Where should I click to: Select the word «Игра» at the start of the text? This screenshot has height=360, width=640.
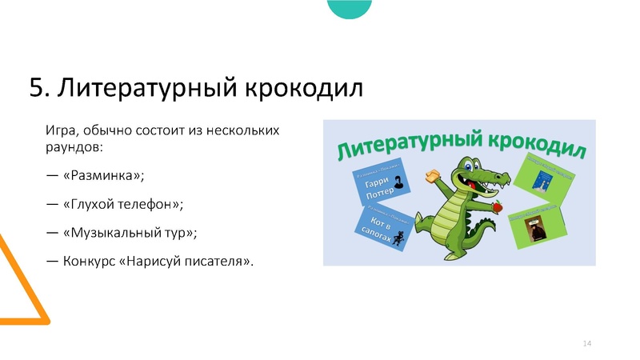(60, 130)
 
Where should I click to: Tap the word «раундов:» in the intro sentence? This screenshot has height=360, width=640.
(74, 149)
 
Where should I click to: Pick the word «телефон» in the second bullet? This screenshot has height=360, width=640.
(147, 204)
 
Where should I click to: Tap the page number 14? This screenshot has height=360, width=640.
(586, 343)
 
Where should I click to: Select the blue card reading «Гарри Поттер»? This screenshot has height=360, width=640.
(378, 187)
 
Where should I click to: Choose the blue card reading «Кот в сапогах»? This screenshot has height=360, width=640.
(382, 231)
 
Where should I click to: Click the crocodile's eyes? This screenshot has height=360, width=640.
(467, 169)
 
